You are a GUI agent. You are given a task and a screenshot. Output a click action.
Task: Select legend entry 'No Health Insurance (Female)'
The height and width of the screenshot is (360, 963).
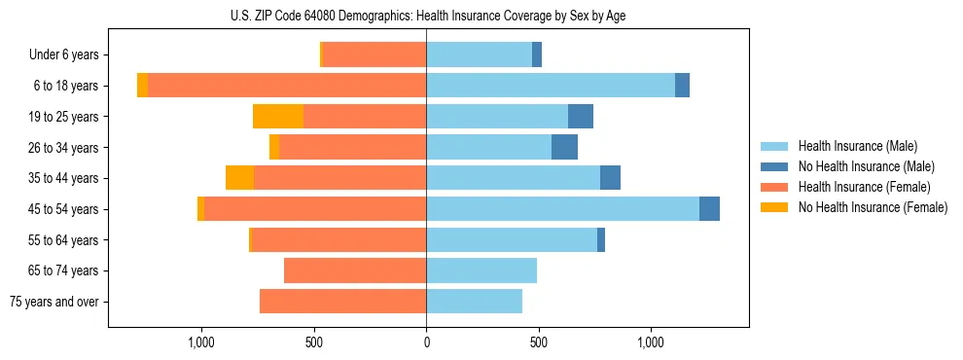[872, 207]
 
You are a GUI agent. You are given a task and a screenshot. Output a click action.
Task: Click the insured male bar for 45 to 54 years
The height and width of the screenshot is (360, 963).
[562, 209]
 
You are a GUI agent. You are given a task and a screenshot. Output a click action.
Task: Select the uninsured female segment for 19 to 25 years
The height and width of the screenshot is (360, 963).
[278, 117]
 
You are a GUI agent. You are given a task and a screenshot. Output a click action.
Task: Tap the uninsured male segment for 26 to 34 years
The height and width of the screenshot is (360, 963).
[564, 147]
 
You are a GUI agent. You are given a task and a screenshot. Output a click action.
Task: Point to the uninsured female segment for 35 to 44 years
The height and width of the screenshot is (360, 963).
[239, 178]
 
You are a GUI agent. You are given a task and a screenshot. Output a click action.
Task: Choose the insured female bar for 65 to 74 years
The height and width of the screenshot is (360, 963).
[355, 270]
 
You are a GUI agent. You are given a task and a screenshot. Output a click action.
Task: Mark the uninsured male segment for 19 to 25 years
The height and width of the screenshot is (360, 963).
[581, 117]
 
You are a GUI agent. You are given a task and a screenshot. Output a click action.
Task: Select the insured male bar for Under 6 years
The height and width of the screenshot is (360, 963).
[479, 55]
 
